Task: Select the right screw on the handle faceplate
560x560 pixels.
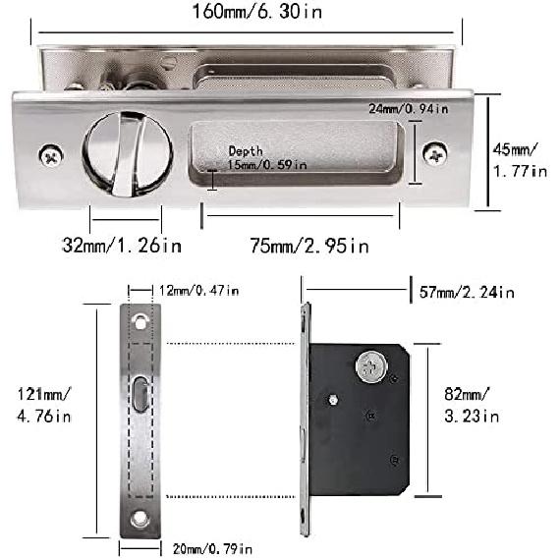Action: pos(435,153)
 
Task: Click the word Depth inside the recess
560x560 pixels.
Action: pos(246,150)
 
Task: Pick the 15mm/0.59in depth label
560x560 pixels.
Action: pos(267,165)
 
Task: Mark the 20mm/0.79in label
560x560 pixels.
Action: pos(210,546)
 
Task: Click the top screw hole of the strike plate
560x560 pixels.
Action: pos(141,322)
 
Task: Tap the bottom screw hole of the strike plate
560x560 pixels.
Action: pos(141,518)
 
